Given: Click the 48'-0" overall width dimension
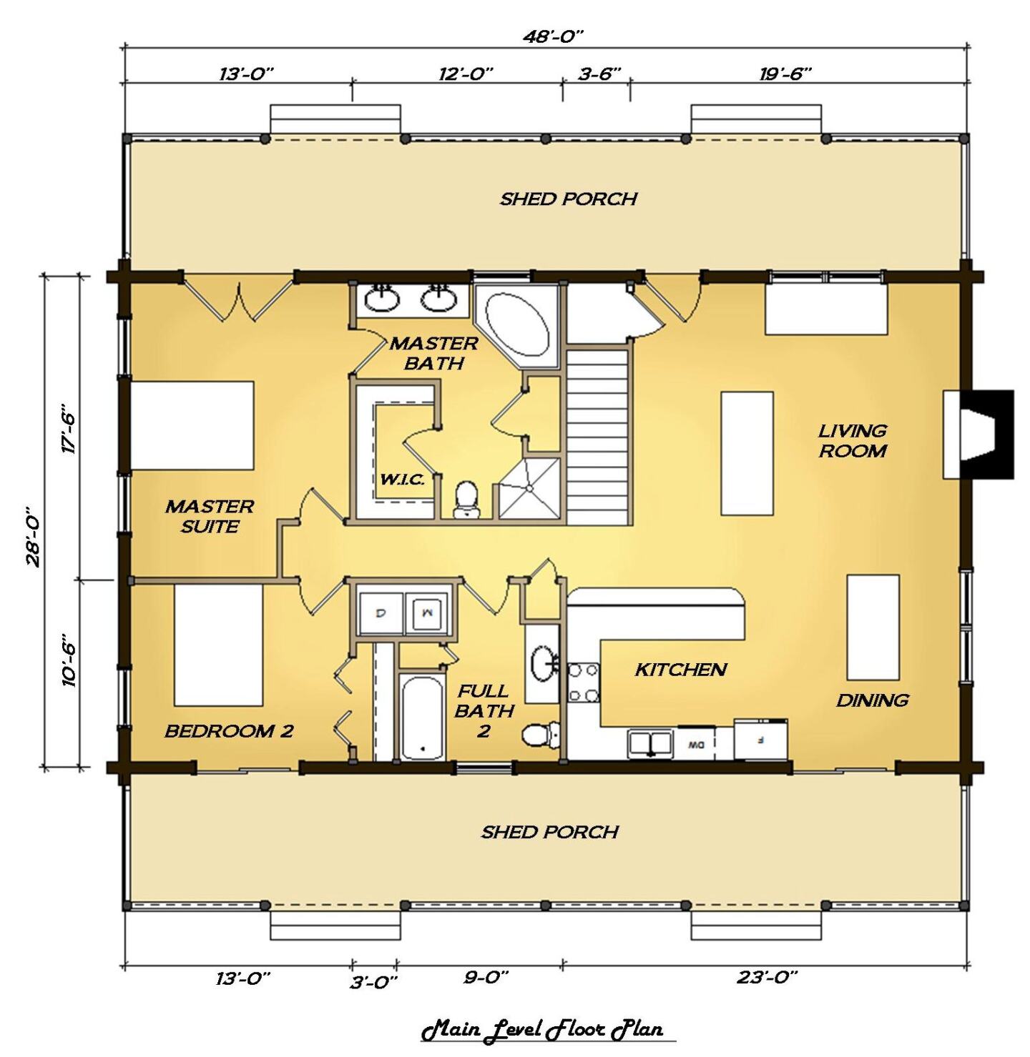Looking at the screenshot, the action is (554, 36).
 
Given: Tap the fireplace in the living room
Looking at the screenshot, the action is (978, 435).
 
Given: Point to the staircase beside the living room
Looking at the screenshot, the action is (598, 436).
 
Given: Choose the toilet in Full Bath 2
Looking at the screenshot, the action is (540, 735).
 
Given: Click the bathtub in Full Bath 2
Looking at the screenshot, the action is (422, 717).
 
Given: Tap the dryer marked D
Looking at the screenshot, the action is (380, 613).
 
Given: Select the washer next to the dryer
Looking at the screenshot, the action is (427, 613).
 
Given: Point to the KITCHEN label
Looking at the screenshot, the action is (680, 670).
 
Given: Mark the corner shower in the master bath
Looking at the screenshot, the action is (529, 487).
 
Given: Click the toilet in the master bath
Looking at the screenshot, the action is (466, 499).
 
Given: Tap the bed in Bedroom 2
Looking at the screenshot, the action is (218, 645).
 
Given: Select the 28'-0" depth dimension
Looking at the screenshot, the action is (34, 537).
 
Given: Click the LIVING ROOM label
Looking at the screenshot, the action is (853, 440).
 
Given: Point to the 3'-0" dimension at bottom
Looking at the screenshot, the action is (373, 982).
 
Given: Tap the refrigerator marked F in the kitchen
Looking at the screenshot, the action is (760, 739).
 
